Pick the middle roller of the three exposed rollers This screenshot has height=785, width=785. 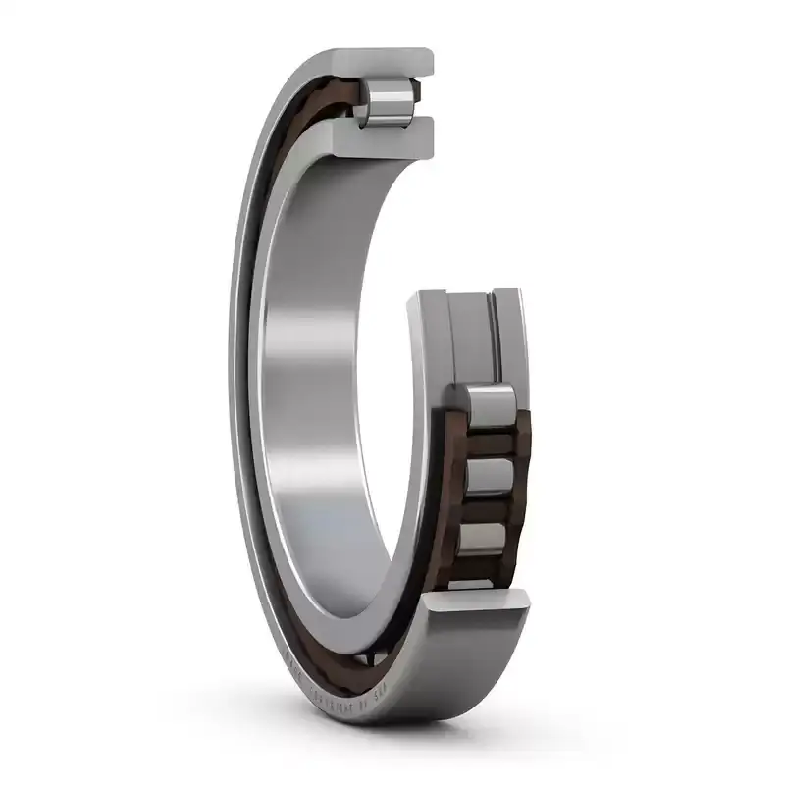(487, 476)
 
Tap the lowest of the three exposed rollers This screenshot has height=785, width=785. (485, 540)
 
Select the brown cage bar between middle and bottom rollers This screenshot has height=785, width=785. (487, 509)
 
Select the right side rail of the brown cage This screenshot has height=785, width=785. (519, 471)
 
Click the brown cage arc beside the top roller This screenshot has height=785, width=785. (324, 108)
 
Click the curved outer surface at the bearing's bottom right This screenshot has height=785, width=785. (471, 667)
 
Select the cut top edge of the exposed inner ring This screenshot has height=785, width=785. (466, 296)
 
